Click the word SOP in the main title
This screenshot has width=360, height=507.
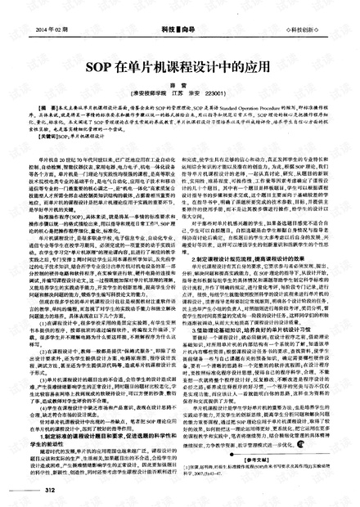pos(98,64)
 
